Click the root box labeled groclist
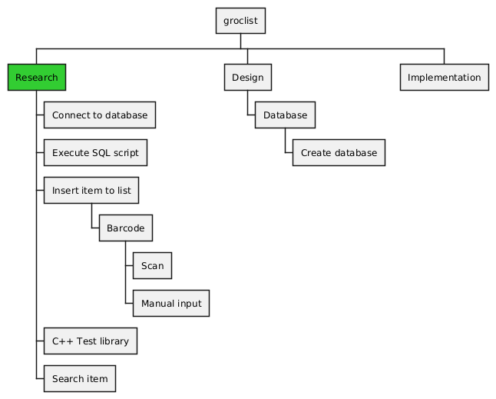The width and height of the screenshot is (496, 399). coord(240,21)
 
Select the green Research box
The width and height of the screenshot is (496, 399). coord(36,78)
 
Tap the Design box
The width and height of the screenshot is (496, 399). coord(247,78)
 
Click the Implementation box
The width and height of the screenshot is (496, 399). coord(444,78)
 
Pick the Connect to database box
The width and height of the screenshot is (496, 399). coord(100,115)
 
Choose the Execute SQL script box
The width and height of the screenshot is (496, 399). coord(95,153)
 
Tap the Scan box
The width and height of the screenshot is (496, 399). coord(152,266)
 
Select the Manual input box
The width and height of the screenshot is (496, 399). coord(170,304)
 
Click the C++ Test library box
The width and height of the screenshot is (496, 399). coord(90,341)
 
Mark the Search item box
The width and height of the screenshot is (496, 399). coord(80,378)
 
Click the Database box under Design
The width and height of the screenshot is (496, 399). coord(285,115)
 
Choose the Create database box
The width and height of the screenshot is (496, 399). coord(338,153)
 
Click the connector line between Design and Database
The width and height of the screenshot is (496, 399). coord(247,104)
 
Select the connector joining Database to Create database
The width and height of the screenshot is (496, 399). coord(285,141)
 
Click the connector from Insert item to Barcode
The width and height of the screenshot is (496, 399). coord(91,217)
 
